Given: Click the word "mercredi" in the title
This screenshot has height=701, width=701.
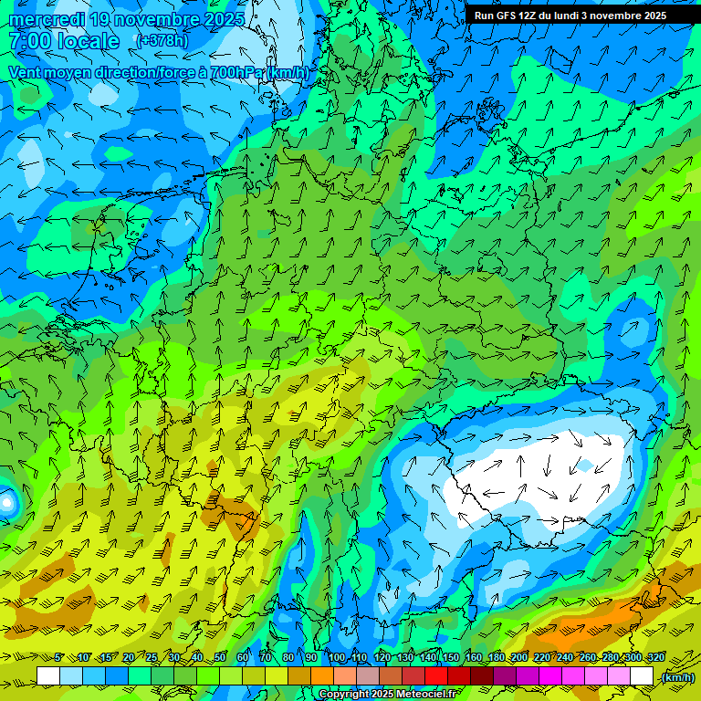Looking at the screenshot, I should (46, 19).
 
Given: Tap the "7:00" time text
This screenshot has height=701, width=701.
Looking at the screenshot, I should (29, 41).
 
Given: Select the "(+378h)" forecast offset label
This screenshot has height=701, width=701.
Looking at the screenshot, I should (162, 41).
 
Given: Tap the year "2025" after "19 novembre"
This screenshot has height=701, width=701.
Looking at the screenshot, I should (219, 19).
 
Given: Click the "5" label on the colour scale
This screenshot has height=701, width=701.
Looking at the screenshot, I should (59, 658).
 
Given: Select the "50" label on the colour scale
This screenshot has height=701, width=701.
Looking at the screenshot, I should (220, 658).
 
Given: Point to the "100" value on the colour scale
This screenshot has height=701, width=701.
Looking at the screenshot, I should (336, 658).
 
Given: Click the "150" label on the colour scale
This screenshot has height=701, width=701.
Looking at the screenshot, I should (450, 658).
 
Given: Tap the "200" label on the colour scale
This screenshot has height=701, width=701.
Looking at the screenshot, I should (519, 658).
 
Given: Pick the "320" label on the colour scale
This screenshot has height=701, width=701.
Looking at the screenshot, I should (656, 658).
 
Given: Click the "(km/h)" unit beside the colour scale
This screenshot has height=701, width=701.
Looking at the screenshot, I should (677, 677).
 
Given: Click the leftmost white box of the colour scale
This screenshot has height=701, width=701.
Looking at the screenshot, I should (48, 676).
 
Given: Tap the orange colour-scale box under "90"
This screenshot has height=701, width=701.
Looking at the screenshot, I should (322, 676).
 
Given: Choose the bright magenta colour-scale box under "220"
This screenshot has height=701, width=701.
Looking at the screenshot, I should (550, 676).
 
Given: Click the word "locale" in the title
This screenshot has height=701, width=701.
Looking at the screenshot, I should (89, 41).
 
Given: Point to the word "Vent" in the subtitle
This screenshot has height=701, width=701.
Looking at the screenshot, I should (26, 72).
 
